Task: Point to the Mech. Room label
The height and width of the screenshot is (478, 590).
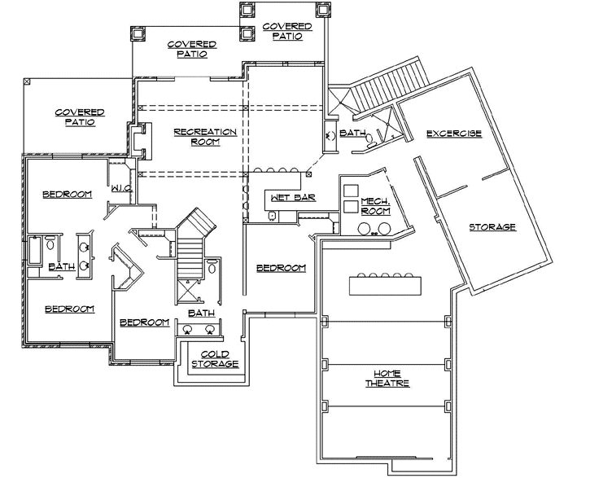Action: click(x=375, y=206)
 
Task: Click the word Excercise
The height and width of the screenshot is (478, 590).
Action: click(x=454, y=134)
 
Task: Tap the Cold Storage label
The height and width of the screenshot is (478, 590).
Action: click(x=215, y=358)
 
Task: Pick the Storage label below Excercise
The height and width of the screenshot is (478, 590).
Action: click(x=492, y=227)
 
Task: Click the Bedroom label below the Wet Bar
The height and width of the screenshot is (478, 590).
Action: click(x=281, y=268)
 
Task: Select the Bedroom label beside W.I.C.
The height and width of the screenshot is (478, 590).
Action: click(x=67, y=194)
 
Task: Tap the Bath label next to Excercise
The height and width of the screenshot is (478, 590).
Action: click(x=352, y=133)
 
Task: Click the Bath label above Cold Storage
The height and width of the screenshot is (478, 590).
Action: click(x=201, y=313)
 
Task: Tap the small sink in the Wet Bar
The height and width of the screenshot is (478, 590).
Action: click(x=273, y=216)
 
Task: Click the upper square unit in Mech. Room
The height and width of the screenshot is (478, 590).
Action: click(x=350, y=190)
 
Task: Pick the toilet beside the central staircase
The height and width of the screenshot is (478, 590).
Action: click(x=212, y=267)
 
